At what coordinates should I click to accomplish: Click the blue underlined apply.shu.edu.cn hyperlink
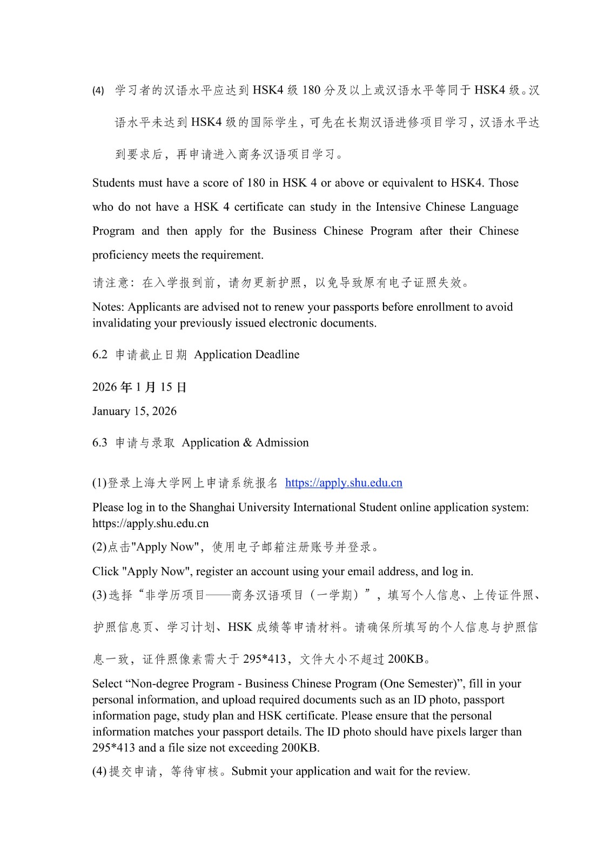(x=344, y=483)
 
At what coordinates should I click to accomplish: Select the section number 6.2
(x=100, y=355)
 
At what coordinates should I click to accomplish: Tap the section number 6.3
(x=100, y=443)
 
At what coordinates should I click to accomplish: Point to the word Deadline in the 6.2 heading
(x=277, y=355)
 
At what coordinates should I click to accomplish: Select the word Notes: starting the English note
(x=108, y=307)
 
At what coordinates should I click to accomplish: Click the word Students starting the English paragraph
(x=113, y=183)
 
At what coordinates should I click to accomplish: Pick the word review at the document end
(x=451, y=771)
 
